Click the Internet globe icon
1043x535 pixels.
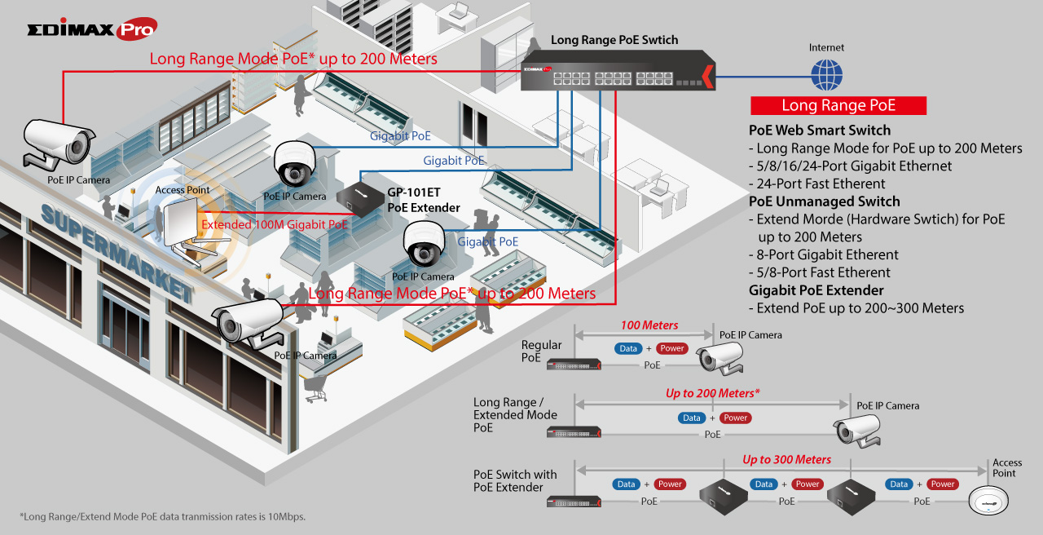(x=826, y=75)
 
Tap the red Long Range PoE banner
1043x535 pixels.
(x=838, y=105)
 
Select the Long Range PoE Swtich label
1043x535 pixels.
(x=614, y=40)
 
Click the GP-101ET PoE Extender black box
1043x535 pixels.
(x=359, y=195)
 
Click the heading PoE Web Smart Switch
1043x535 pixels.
(x=819, y=130)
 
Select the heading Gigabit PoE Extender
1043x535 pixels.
(x=816, y=290)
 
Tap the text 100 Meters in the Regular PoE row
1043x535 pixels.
(x=649, y=325)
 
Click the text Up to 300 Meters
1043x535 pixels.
(x=786, y=460)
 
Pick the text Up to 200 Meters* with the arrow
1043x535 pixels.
(x=712, y=393)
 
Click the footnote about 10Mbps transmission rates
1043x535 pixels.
(x=162, y=516)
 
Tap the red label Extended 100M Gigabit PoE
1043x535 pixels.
(x=275, y=224)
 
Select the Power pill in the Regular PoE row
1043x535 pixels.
(x=671, y=348)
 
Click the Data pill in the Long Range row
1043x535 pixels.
(x=692, y=418)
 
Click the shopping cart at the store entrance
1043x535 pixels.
(x=315, y=390)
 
